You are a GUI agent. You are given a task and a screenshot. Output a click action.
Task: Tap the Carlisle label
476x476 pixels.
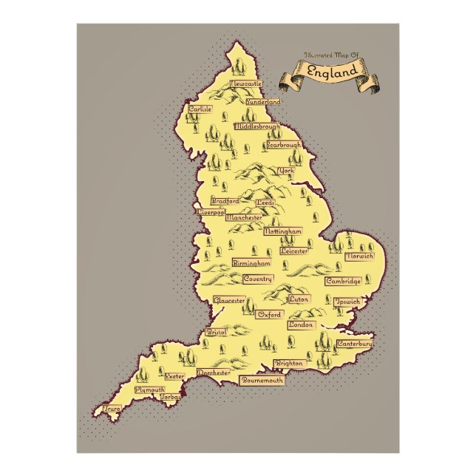(x=200, y=109)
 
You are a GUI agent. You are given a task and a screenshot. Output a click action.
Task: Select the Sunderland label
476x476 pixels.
(x=264, y=101)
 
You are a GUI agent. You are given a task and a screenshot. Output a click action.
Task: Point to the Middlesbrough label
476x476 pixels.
(x=257, y=126)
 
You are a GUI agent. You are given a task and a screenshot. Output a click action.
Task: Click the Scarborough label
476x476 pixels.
(x=284, y=145)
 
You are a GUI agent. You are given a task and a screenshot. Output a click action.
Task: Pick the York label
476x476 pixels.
(x=286, y=171)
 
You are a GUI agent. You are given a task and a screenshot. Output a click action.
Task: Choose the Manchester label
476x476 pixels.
(x=244, y=218)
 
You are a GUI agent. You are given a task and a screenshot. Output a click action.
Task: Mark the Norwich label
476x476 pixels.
(x=359, y=256)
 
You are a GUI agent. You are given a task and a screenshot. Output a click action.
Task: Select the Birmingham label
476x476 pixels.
(x=251, y=262)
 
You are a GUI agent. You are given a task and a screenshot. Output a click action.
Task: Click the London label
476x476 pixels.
(x=301, y=324)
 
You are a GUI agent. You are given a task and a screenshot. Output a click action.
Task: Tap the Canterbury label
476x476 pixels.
(x=354, y=344)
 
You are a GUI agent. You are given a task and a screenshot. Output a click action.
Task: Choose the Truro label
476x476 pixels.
(x=112, y=407)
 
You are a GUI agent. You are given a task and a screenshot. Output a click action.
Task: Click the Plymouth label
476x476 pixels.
(x=150, y=389)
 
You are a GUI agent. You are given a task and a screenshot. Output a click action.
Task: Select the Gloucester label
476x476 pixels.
(x=229, y=300)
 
